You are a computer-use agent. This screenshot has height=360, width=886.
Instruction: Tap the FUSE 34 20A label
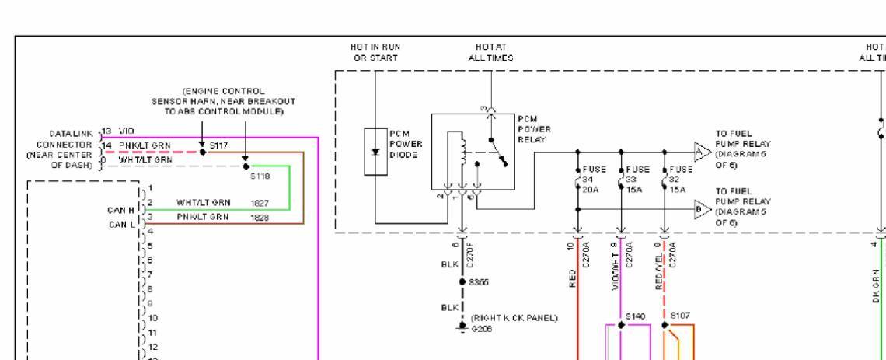coord(590,177)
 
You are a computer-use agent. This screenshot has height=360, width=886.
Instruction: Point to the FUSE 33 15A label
coord(634,177)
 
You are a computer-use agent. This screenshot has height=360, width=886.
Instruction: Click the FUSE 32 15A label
coord(678,177)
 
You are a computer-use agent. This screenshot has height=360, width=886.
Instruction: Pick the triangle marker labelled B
coord(701,209)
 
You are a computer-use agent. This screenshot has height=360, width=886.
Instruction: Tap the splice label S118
coord(259,177)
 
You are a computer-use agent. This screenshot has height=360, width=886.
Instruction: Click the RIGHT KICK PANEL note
coord(510,318)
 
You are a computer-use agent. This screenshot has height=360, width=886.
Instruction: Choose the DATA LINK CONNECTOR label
coord(66,145)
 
